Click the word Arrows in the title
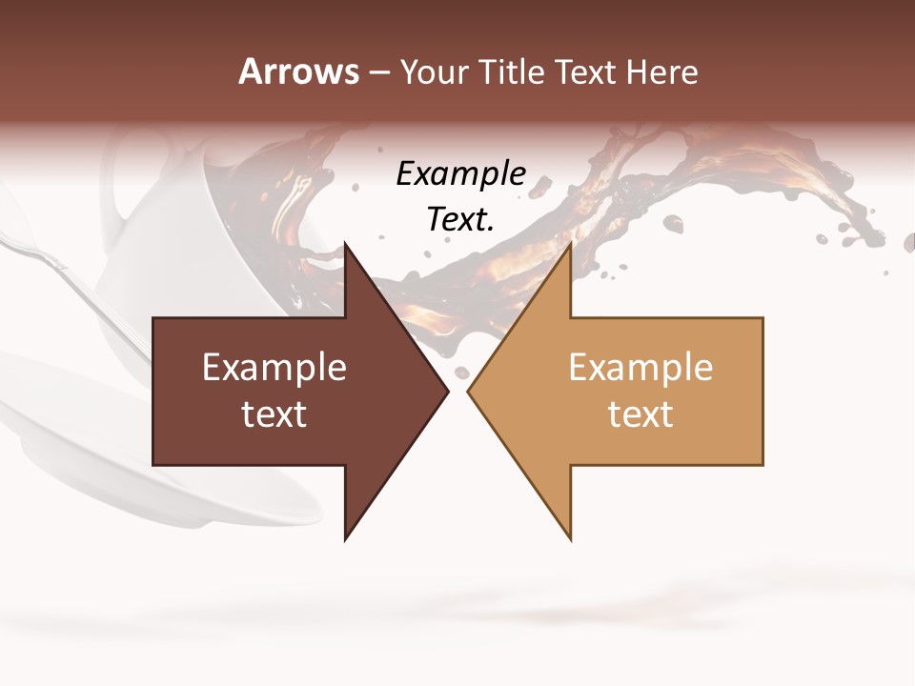[x=299, y=71]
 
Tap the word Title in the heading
[x=515, y=72]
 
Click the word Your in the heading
[x=434, y=72]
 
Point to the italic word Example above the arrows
[x=461, y=174]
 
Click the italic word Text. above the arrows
[x=461, y=219]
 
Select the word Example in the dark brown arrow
[x=274, y=368]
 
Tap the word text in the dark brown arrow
[x=274, y=414]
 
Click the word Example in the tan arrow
[x=640, y=368]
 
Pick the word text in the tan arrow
[x=640, y=414]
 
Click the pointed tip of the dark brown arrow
[x=446, y=391]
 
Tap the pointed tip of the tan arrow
[x=470, y=391]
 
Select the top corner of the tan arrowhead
[x=570, y=246]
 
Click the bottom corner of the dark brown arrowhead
[x=346, y=538]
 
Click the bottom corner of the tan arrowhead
[x=570, y=538]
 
